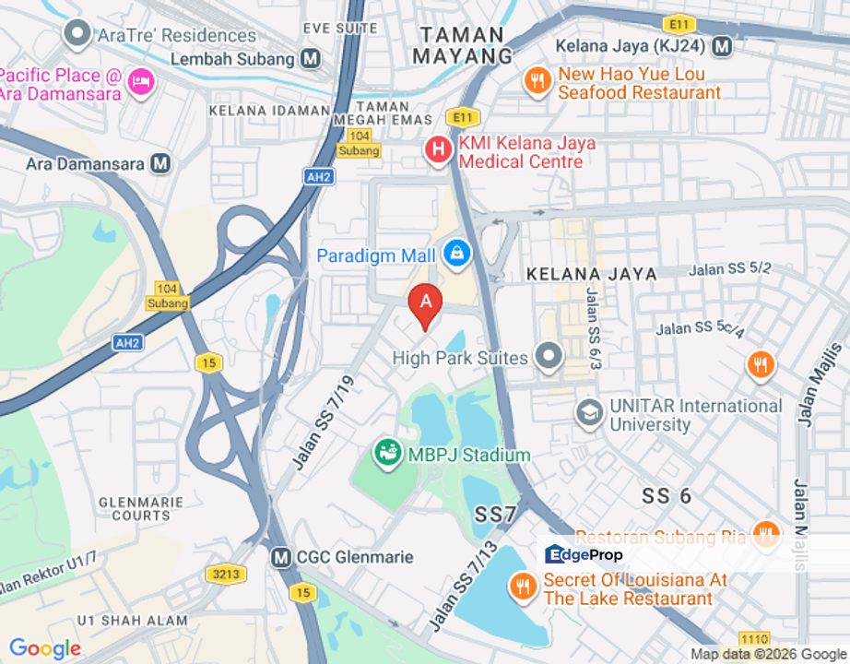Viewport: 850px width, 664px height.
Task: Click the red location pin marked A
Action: tap(425, 302)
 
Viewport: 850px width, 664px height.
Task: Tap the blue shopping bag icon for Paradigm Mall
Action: tap(456, 251)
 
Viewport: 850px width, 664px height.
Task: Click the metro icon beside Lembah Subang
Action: tap(311, 59)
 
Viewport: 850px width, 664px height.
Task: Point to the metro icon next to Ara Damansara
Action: tap(161, 163)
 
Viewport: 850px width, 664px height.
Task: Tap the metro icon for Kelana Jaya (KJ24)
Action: tap(722, 45)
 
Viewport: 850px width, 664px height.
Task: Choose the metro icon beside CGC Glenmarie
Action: tap(281, 557)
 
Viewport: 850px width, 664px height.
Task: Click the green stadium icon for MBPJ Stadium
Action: tap(387, 453)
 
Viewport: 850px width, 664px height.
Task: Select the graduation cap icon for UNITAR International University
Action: tap(589, 414)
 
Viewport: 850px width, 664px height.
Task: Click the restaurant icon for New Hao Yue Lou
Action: tap(537, 81)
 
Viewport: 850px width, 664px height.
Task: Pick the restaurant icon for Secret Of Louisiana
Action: tap(523, 587)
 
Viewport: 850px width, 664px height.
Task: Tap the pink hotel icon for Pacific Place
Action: tap(141, 81)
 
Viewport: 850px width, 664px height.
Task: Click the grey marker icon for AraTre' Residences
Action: tap(76, 34)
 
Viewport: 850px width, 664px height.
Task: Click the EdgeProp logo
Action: tap(584, 554)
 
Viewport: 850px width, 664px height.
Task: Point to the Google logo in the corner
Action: tap(44, 648)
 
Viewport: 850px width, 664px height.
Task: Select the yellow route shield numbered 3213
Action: tap(226, 575)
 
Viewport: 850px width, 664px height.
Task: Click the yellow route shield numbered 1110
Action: tap(754, 638)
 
